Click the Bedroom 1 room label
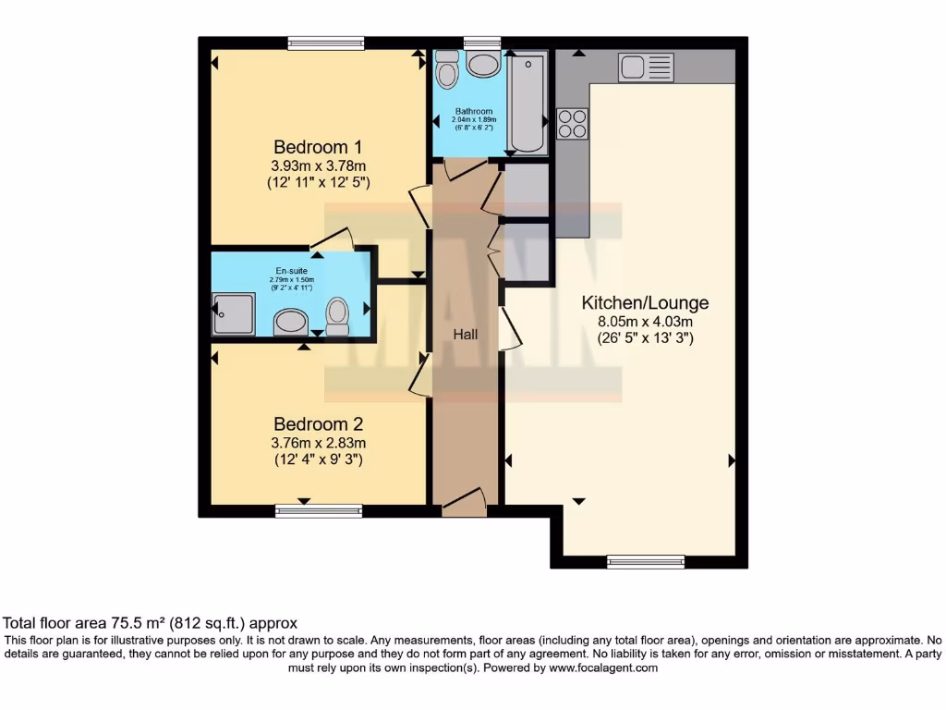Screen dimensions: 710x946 [x=317, y=147]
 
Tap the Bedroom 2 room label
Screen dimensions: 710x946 [x=317, y=424]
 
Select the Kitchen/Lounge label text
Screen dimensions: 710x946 [x=645, y=303]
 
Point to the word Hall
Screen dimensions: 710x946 [x=465, y=334]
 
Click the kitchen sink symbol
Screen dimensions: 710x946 [x=647, y=67]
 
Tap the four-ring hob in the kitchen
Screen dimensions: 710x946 [x=573, y=123]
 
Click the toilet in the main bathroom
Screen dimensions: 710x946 [x=447, y=69]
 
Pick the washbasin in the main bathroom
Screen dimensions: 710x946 [x=483, y=64]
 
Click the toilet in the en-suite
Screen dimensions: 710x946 [x=337, y=315]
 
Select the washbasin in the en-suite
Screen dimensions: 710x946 [x=292, y=322]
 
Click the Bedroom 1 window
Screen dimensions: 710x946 [x=325, y=43]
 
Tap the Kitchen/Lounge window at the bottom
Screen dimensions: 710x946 [x=646, y=562]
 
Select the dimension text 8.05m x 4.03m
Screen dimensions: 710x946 [x=645, y=322]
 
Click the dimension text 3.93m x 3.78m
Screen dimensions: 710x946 [x=317, y=165]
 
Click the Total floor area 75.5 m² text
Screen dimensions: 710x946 [x=151, y=623]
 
